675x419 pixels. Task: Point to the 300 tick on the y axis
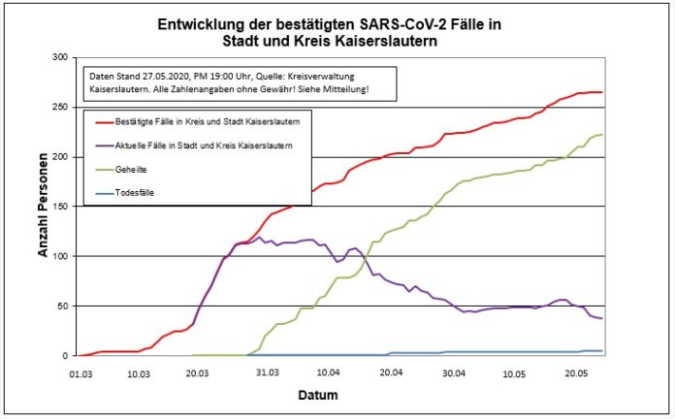point(60,58)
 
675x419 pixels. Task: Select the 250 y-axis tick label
point(60,108)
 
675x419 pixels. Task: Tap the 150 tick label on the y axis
point(60,207)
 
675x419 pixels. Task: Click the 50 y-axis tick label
point(63,306)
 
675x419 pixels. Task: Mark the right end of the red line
point(602,92)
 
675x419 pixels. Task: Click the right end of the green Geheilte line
point(602,135)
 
